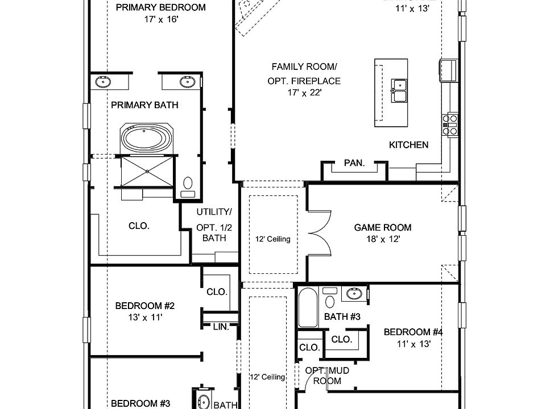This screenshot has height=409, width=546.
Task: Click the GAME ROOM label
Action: (382, 228)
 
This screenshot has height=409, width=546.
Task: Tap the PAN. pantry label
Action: (354, 163)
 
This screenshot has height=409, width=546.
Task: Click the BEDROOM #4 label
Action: (412, 332)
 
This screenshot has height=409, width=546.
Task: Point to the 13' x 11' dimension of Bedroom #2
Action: (144, 318)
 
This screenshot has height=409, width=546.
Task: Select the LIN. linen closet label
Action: (221, 327)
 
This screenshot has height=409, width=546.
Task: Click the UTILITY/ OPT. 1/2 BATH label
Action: (214, 225)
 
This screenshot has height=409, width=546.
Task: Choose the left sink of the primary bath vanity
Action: (103, 82)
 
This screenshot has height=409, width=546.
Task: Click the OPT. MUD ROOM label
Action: (327, 375)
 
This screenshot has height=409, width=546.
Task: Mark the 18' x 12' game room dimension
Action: (382, 240)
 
